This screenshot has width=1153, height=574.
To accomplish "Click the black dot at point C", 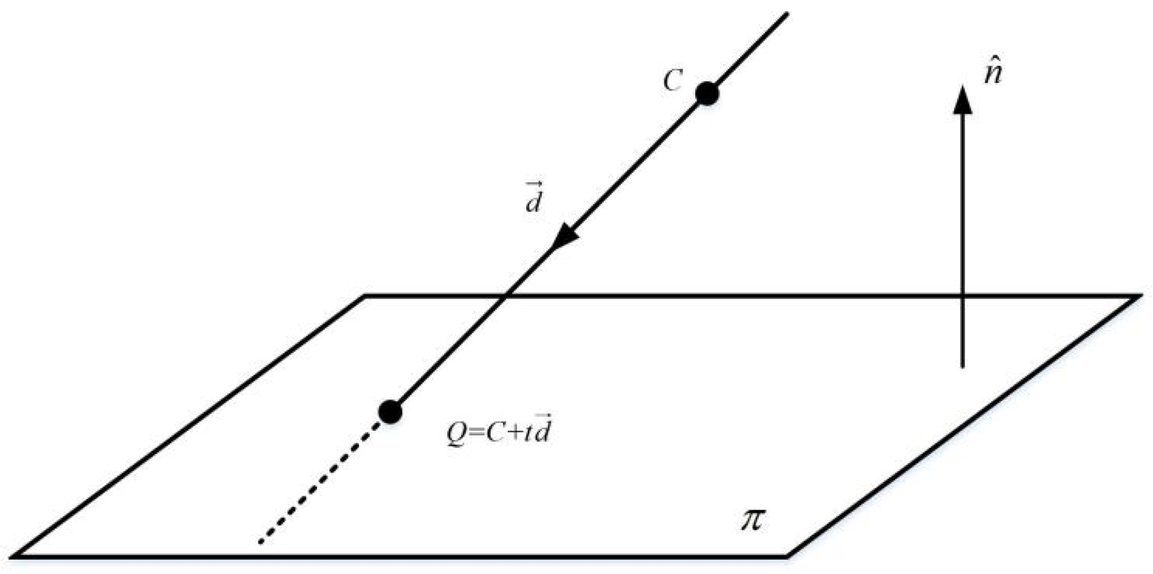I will (707, 94).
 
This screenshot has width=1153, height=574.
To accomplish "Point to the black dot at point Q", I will (390, 411).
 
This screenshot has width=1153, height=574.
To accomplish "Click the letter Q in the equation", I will (456, 434).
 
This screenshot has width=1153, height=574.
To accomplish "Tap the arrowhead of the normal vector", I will (962, 100).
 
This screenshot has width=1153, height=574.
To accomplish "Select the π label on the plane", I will (753, 519).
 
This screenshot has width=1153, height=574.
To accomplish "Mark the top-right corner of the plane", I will (1139, 296).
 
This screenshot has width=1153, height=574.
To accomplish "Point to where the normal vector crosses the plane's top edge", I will (962, 296).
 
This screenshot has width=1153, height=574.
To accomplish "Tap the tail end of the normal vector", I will (962, 367).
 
